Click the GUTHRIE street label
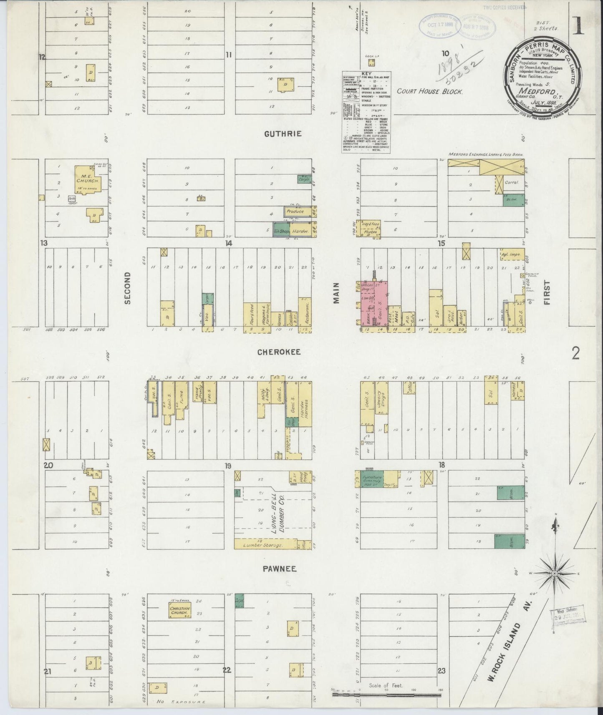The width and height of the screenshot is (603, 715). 283,133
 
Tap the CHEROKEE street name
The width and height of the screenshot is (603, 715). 279,352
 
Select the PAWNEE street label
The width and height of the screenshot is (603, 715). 279,569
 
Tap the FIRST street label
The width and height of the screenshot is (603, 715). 547,292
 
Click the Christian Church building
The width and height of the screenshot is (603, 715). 179,610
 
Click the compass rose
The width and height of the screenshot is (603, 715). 554,574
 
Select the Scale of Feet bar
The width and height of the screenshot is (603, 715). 386,695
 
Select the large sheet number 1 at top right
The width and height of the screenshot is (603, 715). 578,27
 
